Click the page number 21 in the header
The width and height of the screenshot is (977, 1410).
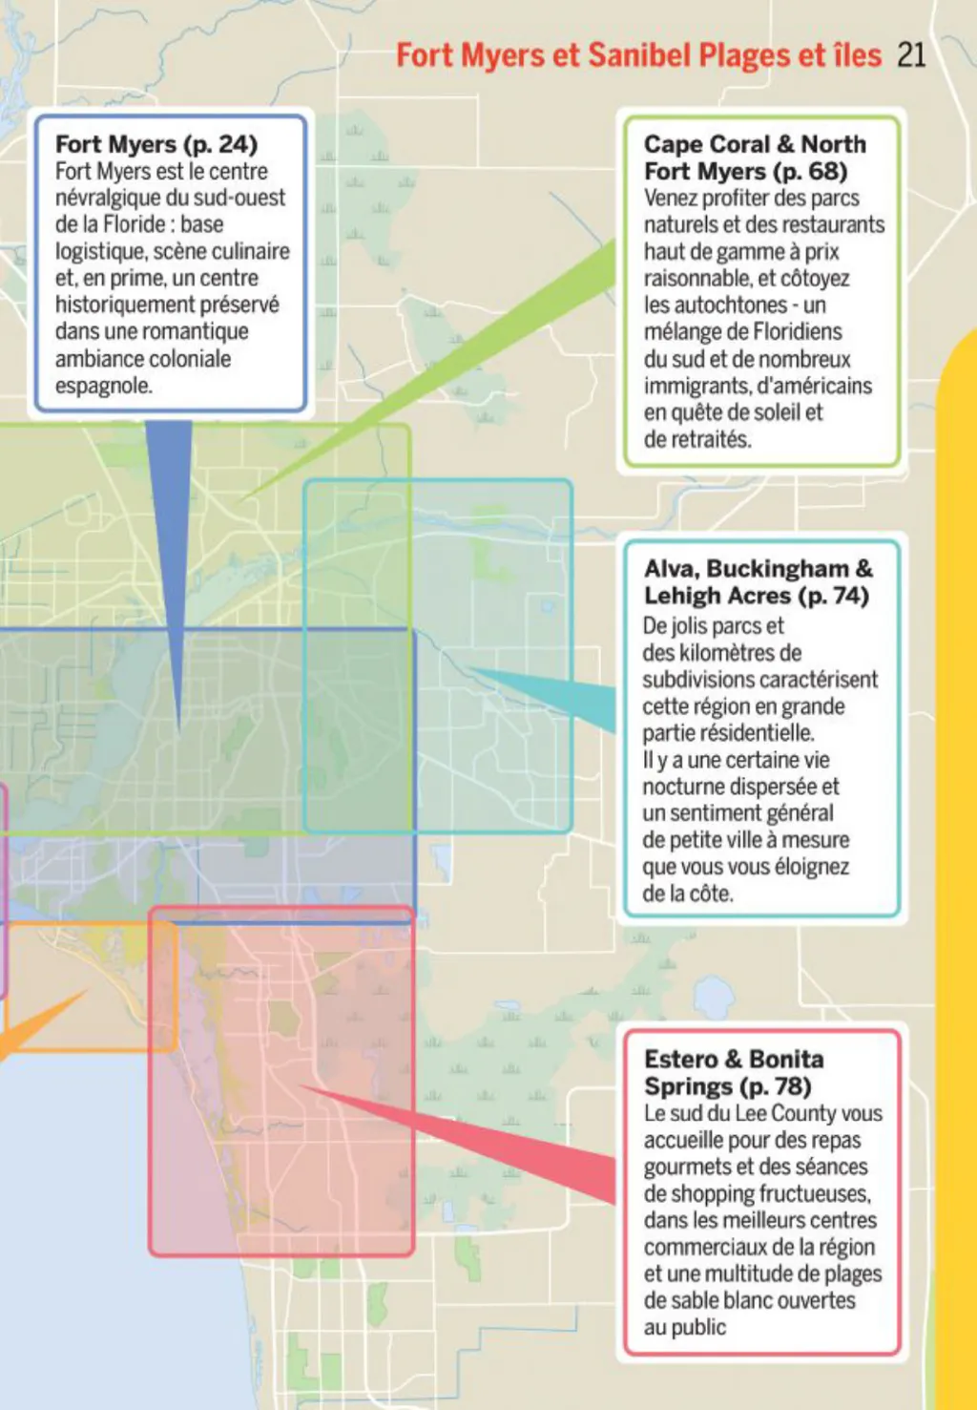point(911,54)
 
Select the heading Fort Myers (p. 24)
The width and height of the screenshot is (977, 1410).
point(156,144)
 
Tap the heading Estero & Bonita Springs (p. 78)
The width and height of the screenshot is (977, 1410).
point(733,1072)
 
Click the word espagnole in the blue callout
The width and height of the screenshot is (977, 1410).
point(103,386)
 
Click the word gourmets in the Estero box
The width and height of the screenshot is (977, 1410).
point(685,1167)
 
